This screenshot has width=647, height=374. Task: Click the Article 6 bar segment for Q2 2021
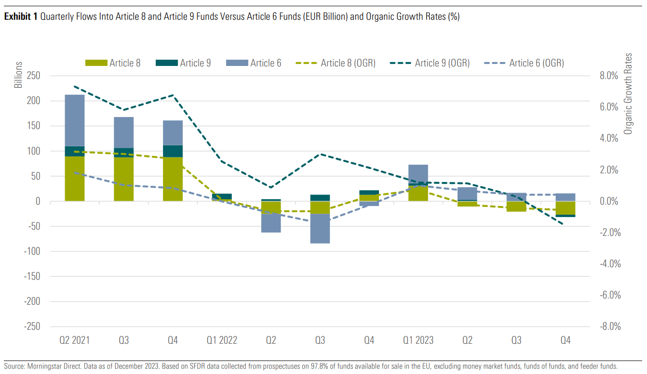[75, 120]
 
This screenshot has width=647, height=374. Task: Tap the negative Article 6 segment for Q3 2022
[320, 229]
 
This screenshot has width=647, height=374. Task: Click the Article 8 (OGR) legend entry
[337, 63]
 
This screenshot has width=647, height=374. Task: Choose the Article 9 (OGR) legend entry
[431, 63]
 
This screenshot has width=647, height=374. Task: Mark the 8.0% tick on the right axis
[608, 76]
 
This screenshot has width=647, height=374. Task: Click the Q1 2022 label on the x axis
[222, 341]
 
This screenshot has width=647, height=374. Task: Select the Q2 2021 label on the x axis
[75, 341]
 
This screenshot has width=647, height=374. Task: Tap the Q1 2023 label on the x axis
[418, 341]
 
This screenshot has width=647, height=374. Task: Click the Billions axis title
[18, 75]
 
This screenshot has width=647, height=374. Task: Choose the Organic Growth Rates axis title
[628, 100]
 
